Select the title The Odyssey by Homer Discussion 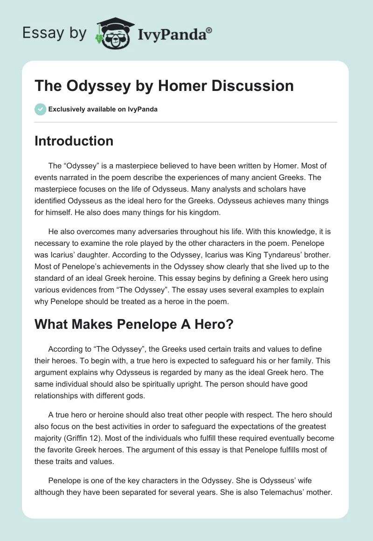[164, 86]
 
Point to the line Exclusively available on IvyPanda [103, 110]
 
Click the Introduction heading [74, 141]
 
